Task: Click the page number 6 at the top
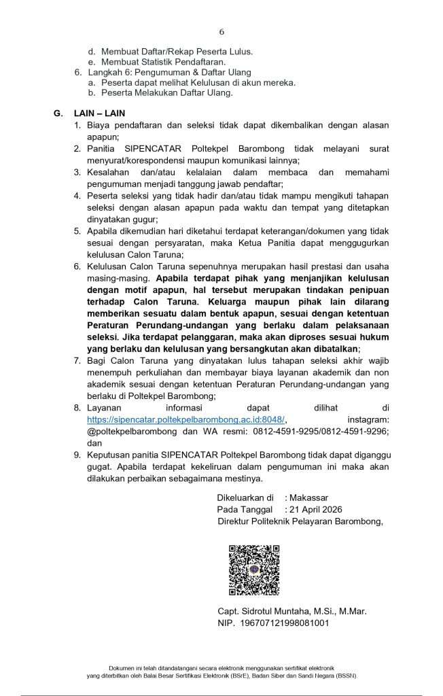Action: point(221,32)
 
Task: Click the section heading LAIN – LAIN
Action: point(99,113)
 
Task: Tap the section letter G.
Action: point(58,113)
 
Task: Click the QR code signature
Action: point(253,570)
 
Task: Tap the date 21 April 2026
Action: point(315,510)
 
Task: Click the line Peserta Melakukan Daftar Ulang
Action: point(166,92)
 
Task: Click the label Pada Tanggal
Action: point(245,510)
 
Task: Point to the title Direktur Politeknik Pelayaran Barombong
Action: point(300,521)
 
